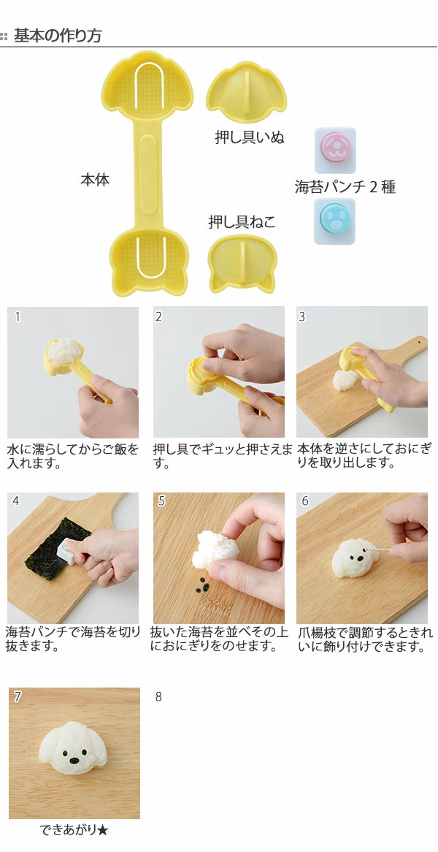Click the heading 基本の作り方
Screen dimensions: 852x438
click(58, 35)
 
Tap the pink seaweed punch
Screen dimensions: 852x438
click(334, 148)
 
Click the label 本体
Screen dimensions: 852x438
click(95, 180)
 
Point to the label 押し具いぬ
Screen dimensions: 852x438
click(250, 137)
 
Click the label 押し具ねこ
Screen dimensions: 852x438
click(242, 222)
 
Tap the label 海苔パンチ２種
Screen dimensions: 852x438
click(345, 187)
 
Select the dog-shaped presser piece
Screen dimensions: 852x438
click(246, 91)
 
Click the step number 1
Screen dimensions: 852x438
click(18, 316)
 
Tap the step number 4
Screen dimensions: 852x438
click(16, 501)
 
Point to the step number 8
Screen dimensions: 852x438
click(159, 696)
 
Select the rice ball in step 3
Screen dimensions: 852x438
click(345, 380)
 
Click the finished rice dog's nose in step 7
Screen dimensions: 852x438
click(73, 761)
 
